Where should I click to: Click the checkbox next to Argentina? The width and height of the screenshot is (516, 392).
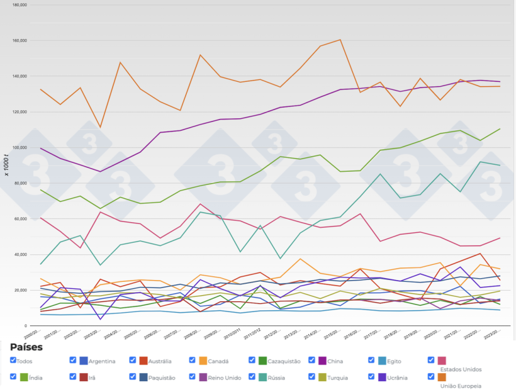pos(73,361)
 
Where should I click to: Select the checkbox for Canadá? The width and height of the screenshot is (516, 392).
pos(193,361)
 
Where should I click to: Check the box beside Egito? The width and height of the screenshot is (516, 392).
pos(372,361)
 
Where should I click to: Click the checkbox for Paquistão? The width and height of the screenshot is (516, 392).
pos(133,377)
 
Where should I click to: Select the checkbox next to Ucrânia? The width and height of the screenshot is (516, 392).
pos(372,377)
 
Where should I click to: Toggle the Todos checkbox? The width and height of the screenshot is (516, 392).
pos(13,361)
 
